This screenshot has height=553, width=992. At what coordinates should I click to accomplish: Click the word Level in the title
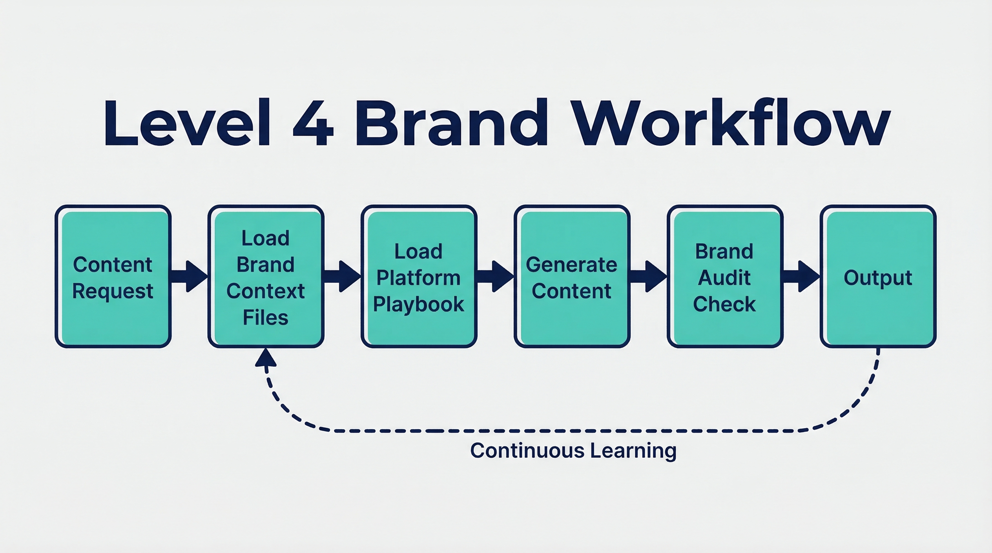(x=187, y=123)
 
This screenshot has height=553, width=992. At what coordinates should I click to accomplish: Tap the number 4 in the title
(x=313, y=123)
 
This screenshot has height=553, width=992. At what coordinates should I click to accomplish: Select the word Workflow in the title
(x=731, y=123)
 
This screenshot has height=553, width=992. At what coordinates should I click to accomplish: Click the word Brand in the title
(x=451, y=123)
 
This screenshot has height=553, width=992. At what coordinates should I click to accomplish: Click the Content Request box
(x=113, y=276)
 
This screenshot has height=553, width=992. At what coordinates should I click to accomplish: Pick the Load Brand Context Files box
(x=266, y=276)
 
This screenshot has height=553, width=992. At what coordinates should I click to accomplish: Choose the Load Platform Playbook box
(x=419, y=276)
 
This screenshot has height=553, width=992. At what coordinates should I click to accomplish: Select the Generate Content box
(x=572, y=276)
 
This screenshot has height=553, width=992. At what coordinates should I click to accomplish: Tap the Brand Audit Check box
(x=725, y=276)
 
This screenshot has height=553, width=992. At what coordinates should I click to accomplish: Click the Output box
(x=878, y=276)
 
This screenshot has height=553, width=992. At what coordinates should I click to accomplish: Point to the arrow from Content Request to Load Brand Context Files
(x=189, y=276)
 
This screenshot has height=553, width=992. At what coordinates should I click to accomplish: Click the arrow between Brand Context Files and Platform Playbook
(x=342, y=276)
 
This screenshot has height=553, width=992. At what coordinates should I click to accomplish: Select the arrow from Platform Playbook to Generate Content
(x=496, y=276)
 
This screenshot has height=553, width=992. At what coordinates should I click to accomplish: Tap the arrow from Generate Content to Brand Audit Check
(x=648, y=276)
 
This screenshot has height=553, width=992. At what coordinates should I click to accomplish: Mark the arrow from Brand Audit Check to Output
(x=801, y=276)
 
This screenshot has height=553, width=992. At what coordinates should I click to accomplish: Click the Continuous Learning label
(x=573, y=451)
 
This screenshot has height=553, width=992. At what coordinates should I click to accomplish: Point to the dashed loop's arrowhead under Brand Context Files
(x=265, y=357)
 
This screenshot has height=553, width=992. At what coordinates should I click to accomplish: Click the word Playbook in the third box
(x=419, y=304)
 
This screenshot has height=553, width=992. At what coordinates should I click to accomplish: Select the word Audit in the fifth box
(x=724, y=278)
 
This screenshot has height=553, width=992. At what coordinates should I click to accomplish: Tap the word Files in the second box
(x=265, y=318)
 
